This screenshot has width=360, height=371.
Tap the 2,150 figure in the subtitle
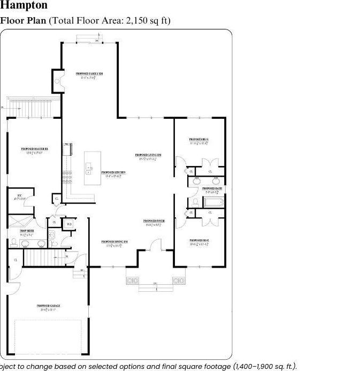pos(140,21)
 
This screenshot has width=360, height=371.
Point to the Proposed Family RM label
pos(89,74)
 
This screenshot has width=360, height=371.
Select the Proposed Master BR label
pos(35,149)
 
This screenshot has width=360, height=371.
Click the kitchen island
pos(92,169)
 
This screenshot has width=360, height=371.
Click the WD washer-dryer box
pos(69,224)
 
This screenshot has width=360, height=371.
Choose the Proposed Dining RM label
pos(114,243)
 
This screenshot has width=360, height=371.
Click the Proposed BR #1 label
pos(199,140)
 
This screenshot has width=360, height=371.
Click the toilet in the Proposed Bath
pos(195,202)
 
